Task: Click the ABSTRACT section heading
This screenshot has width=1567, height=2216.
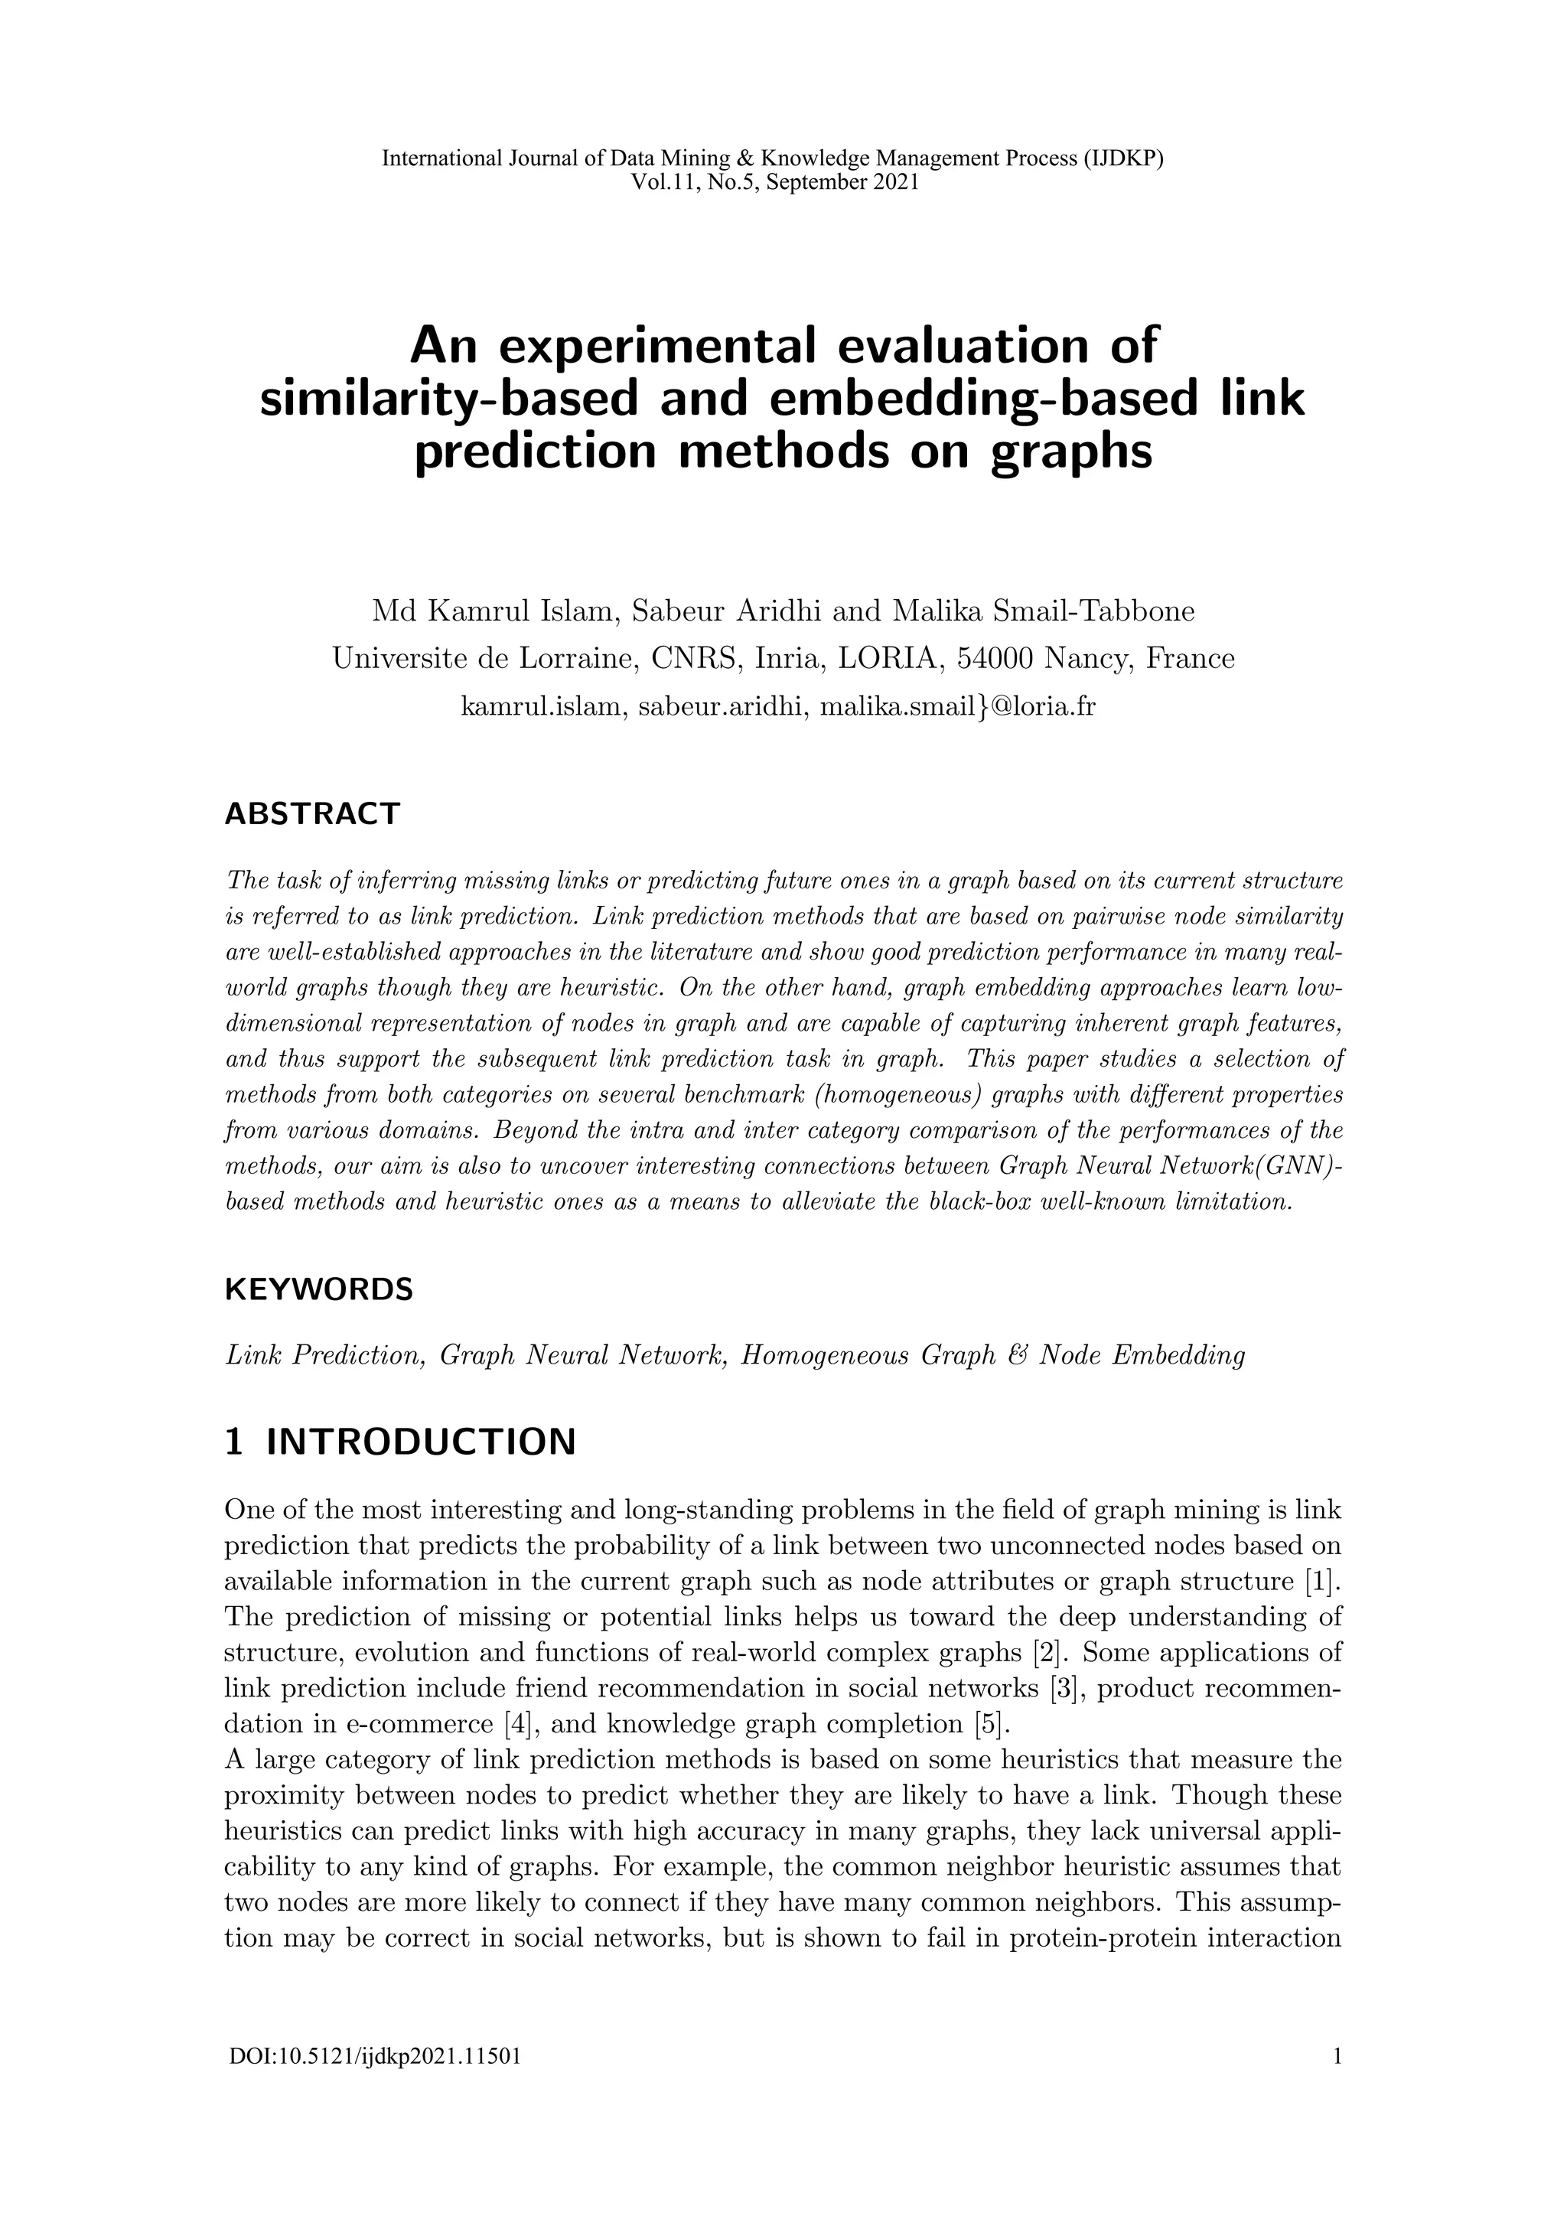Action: tap(311, 813)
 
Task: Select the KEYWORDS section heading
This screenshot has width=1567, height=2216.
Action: tap(318, 1289)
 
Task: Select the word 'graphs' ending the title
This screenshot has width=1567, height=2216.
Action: tap(1071, 451)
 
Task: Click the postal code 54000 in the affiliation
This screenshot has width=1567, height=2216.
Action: tap(994, 658)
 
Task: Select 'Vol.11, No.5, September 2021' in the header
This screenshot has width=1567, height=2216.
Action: tap(774, 181)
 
